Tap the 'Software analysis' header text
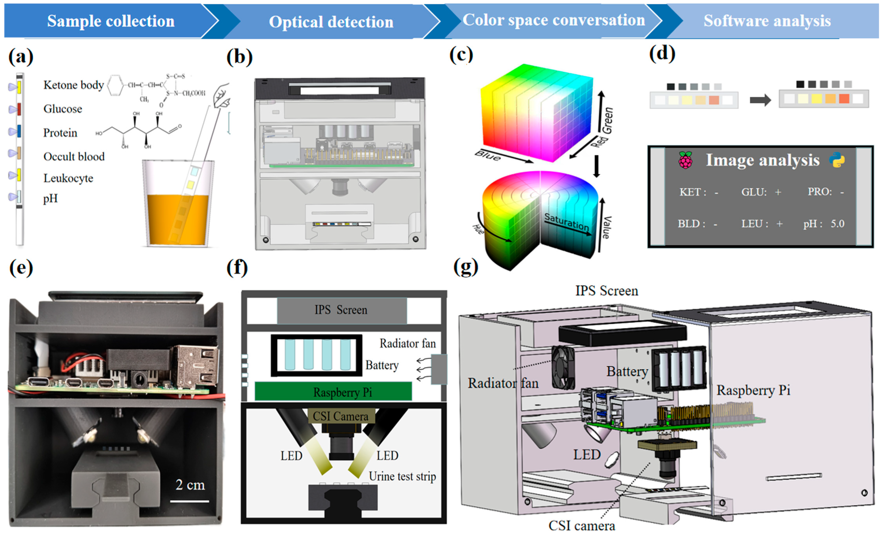pos(767,21)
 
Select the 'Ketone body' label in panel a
pos(73,85)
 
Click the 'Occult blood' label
pos(74,157)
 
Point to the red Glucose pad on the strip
pos(19,109)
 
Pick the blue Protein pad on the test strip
pos(19,131)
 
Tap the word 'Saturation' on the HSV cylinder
pos(566,222)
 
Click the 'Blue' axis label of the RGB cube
pos(487,155)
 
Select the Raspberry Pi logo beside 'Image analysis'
pos(685,160)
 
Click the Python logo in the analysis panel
pos(837,160)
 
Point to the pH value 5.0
pos(838,224)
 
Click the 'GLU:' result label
pos(754,192)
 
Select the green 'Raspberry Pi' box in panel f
pos(333,392)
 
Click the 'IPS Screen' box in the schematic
pos(341,310)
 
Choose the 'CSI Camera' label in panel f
pos(340,416)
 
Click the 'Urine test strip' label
pos(402,476)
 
